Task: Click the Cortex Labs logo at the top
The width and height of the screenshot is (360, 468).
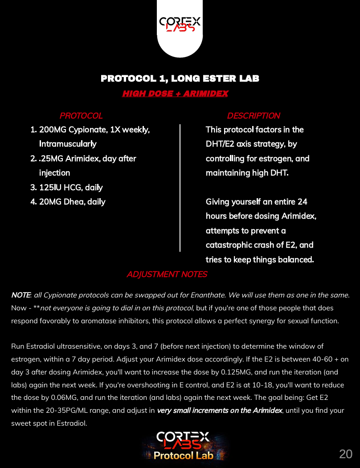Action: (x=180, y=24)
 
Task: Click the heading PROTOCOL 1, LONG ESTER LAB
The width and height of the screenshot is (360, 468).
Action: (x=180, y=79)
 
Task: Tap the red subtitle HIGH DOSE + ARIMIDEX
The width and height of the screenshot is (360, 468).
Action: (x=175, y=94)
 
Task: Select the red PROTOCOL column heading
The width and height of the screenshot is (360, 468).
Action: (x=81, y=116)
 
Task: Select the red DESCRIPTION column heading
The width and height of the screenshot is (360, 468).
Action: (x=254, y=116)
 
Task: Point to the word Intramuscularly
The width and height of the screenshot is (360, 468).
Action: (x=68, y=144)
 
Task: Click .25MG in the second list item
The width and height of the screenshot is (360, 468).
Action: (x=50, y=159)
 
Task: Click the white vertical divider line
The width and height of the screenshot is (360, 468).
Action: (x=180, y=187)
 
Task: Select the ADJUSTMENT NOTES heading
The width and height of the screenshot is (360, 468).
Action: (x=167, y=274)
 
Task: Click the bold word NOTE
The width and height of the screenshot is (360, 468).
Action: (x=20, y=295)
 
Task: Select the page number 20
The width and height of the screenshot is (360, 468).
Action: (x=346, y=454)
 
